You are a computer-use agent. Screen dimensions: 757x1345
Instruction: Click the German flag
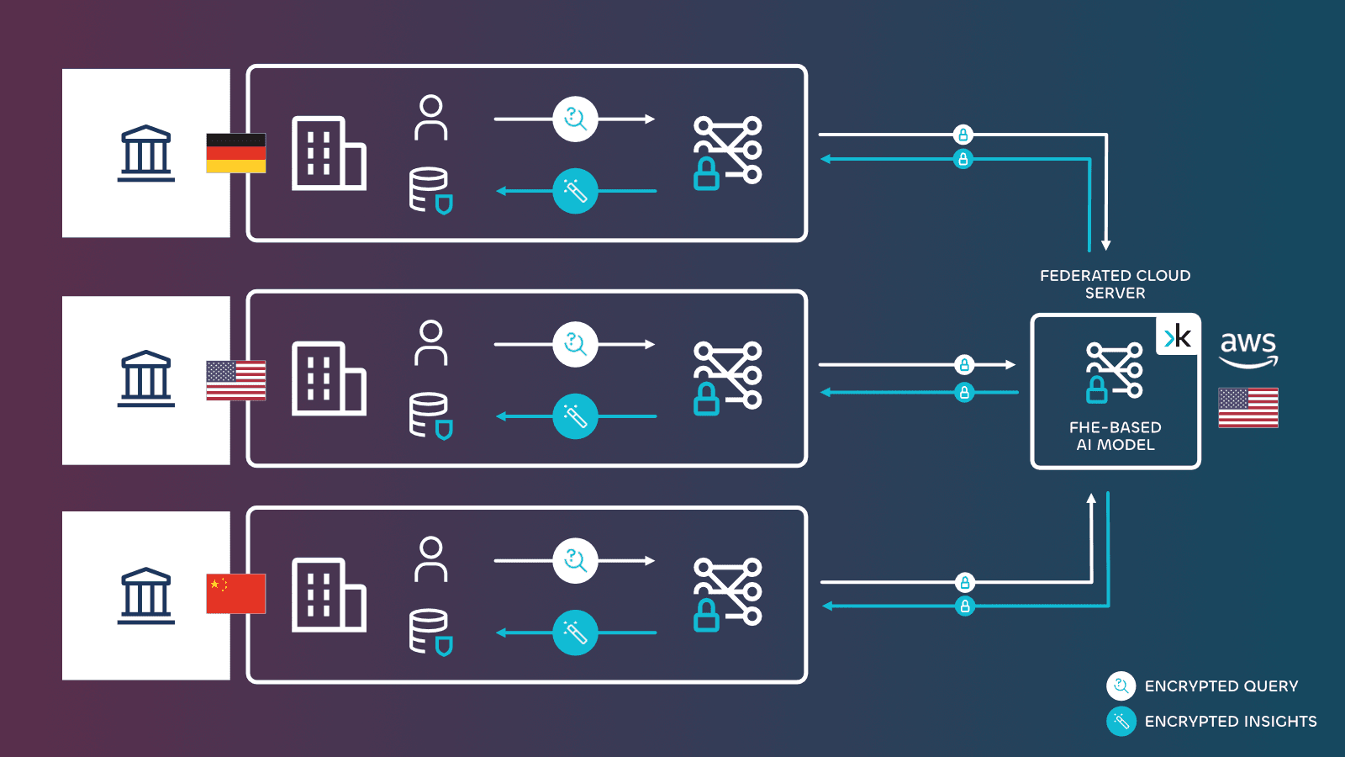[235, 153]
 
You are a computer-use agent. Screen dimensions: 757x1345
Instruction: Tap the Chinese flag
[235, 594]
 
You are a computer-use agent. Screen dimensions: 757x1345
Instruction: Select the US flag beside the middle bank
[235, 380]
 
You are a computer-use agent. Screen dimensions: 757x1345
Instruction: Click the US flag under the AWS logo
[1248, 408]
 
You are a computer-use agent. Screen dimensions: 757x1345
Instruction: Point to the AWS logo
[1248, 347]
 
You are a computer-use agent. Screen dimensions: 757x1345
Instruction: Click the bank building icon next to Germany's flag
[146, 154]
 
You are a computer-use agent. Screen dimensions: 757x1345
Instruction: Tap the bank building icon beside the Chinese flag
[146, 596]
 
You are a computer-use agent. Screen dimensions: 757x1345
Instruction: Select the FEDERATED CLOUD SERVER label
[1115, 284]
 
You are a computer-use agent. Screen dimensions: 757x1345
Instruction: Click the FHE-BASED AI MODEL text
[1115, 436]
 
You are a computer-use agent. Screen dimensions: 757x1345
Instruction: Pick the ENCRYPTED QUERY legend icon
[1121, 686]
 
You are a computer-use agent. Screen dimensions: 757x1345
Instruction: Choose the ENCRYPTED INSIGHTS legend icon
[1121, 722]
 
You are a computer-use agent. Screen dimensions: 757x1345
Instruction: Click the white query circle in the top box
[575, 119]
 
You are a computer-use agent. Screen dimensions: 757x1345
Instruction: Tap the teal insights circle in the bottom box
[575, 633]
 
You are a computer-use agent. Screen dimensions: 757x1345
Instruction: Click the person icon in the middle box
[430, 343]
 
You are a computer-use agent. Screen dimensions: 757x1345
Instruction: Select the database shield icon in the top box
[430, 191]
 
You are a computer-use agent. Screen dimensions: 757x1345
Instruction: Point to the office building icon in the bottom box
[328, 595]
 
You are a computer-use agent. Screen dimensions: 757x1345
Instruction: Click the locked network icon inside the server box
[1114, 372]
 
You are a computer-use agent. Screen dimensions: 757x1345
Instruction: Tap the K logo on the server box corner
[1178, 336]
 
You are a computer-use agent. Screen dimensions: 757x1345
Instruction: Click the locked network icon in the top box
[727, 152]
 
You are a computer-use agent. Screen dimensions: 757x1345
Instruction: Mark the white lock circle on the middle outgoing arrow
[964, 365]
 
